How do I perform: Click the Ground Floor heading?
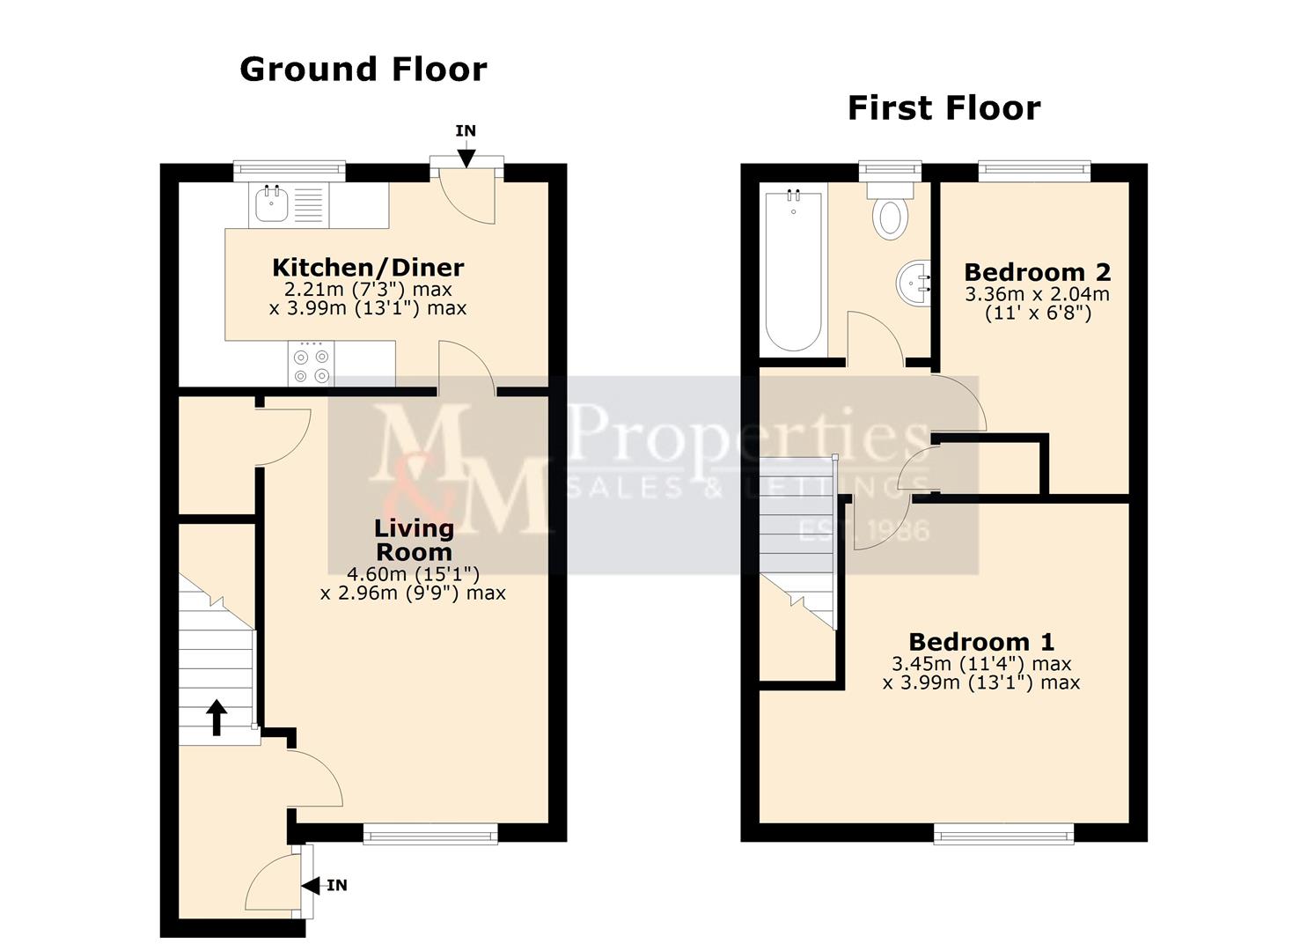tap(363, 70)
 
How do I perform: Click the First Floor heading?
tap(944, 108)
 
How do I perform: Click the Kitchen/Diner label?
tap(367, 267)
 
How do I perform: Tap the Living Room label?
tap(414, 540)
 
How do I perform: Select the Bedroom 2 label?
tap(1037, 272)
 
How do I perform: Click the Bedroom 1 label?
tap(981, 642)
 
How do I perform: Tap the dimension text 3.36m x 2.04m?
tap(1037, 294)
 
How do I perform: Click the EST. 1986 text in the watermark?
tap(863, 530)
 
